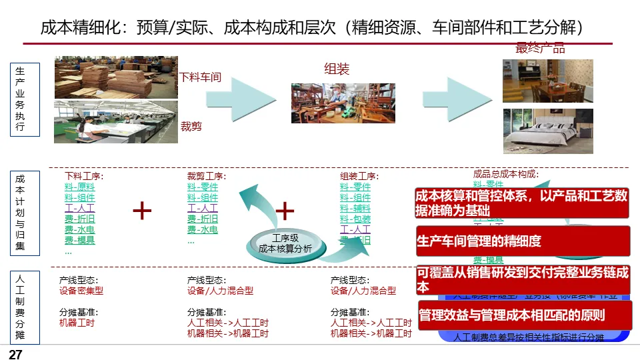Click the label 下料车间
point(201,77)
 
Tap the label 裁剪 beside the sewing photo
point(191,125)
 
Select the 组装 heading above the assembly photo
point(337,69)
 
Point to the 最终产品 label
point(540,48)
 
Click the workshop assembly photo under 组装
point(343,103)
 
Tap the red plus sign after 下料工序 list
point(142,211)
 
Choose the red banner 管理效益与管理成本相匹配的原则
point(524,315)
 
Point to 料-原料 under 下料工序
point(80,187)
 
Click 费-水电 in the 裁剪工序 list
point(203,230)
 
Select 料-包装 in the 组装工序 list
point(355,219)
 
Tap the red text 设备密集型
point(81,291)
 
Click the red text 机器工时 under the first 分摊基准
point(77,323)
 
